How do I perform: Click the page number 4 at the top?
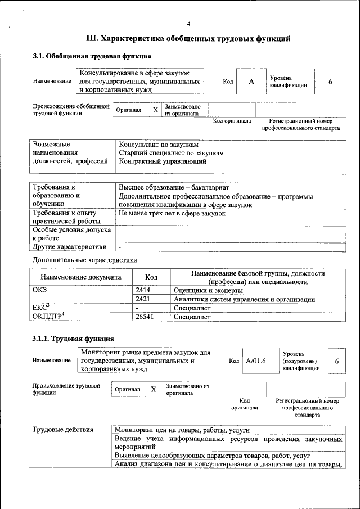pos(189,24)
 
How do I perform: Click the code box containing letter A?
pos(251,82)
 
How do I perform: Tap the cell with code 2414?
pos(143,290)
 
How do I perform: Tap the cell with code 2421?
pos(143,299)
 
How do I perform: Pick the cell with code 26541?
pos(145,317)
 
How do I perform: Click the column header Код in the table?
pos(151,277)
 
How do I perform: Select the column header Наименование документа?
pos(81,277)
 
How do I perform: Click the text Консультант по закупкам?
pos(159,144)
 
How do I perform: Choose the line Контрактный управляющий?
pos(163,161)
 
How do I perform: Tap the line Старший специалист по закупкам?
pos(171,152)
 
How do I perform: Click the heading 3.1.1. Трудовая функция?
pos(73,339)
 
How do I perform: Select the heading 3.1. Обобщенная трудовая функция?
pos(92,56)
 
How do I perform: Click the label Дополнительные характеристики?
pos(85,260)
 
